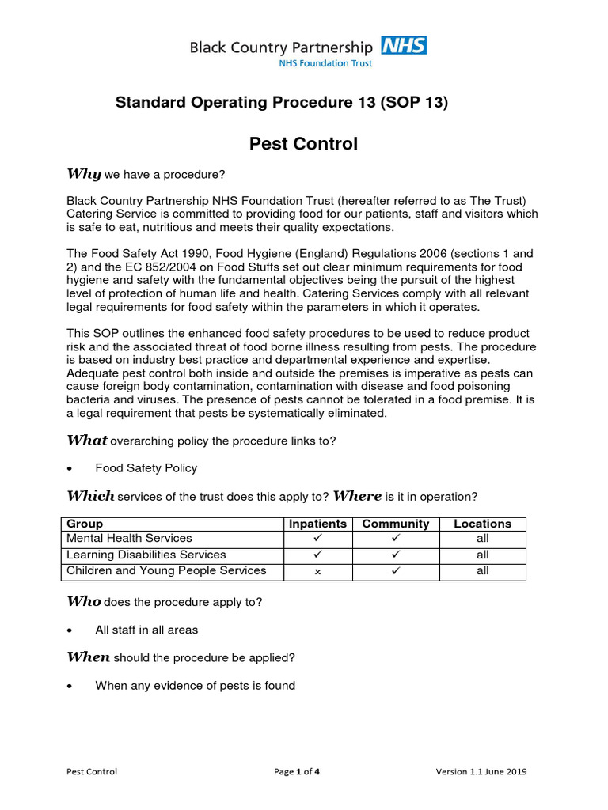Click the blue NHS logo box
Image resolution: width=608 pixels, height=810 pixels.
403,45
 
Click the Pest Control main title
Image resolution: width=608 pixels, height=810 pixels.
303,144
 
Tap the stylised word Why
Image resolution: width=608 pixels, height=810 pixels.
83,174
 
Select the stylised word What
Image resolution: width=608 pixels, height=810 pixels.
86,441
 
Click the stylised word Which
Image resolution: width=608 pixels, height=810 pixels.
90,496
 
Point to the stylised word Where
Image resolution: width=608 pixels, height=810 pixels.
357,496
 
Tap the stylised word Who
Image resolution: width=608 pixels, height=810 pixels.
83,601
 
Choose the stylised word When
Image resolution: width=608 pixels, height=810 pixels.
88,657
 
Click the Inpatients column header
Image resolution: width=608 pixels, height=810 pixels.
317,524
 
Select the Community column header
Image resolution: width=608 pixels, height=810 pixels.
395,524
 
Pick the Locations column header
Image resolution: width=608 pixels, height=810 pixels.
482,524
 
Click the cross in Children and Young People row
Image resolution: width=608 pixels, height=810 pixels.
317,572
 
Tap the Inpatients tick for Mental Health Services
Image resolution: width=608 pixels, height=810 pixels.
317,539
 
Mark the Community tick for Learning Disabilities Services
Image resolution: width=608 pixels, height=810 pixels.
395,555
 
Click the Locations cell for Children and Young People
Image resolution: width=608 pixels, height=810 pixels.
482,571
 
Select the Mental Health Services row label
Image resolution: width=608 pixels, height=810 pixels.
129,539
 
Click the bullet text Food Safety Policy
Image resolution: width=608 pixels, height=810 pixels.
146,468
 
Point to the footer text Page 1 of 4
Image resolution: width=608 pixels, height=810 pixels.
297,772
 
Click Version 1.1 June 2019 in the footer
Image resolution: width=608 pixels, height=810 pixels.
481,772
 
